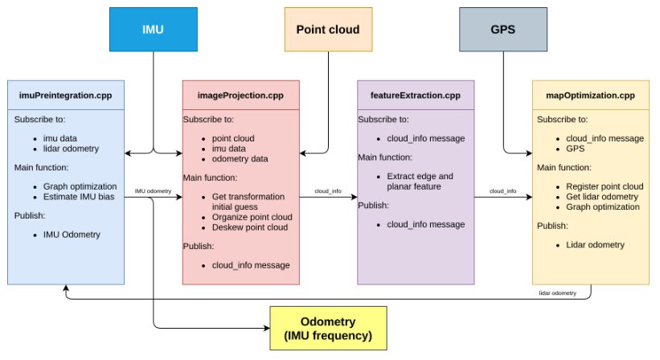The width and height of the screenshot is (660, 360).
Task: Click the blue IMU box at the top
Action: coord(153,30)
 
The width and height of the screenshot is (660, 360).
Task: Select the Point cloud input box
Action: coord(327,30)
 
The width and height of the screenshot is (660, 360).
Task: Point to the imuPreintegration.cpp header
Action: coord(66,96)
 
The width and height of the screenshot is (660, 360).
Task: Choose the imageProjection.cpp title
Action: coord(240,96)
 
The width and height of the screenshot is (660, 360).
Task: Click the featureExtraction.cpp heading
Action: coord(416,96)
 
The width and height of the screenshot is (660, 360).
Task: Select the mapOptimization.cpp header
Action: coord(590,96)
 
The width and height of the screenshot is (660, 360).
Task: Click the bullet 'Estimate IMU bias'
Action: coord(80,197)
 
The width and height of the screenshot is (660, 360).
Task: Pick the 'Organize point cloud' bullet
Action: coord(252,217)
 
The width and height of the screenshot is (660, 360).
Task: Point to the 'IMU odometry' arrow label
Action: coord(153,191)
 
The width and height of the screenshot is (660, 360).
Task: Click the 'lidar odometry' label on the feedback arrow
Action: coord(557,293)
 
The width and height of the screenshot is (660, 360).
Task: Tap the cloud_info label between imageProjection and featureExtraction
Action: coord(328,191)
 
